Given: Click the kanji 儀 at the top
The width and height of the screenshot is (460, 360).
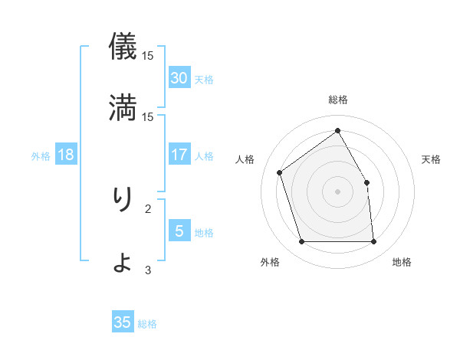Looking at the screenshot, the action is tap(123, 47).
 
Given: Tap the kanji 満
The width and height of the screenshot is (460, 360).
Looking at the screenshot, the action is tap(123, 106).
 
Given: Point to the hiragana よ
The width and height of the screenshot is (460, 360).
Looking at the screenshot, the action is tap(123, 261).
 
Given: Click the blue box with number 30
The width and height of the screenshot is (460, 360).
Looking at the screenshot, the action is tap(179, 78).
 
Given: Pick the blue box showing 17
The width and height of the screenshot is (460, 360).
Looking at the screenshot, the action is tap(179, 155).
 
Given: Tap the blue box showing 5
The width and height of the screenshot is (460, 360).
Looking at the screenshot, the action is tap(179, 231).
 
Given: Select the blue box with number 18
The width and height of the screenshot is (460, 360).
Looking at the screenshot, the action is tap(66, 155).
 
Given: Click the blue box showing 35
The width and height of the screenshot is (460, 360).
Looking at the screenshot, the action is tap(123, 322).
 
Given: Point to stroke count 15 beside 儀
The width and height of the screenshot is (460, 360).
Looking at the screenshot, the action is tap(148, 56).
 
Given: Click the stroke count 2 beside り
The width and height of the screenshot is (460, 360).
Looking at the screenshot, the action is tap(148, 208).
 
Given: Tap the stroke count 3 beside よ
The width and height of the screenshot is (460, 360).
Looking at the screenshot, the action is tap(148, 270).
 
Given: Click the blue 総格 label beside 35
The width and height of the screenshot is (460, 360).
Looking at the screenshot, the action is tap(147, 324).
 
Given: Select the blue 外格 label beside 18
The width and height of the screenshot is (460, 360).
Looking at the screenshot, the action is tap(41, 156).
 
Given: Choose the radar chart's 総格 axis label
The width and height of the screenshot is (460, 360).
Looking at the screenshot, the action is tap(337, 100).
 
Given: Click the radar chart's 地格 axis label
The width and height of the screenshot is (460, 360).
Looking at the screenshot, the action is tap(402, 262).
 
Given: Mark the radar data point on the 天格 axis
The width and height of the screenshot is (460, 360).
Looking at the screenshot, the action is tap(366, 182).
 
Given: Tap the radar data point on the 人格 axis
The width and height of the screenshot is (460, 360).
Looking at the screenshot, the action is tap(280, 172).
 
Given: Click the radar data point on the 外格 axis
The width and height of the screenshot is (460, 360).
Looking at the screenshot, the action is tap(302, 242).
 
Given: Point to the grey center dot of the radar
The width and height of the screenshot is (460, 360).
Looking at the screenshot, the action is tap(337, 191).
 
